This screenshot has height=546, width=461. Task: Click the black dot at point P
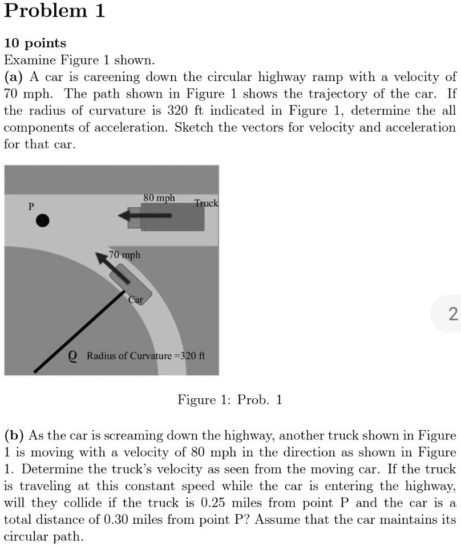42,220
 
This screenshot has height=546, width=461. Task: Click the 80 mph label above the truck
159,198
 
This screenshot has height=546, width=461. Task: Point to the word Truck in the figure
206,203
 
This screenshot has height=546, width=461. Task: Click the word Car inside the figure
135,299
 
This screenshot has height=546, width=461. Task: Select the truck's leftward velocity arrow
146,216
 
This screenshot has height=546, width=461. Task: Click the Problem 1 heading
54,11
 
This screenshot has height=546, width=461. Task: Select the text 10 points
35,43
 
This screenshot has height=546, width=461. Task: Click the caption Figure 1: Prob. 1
230,400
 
